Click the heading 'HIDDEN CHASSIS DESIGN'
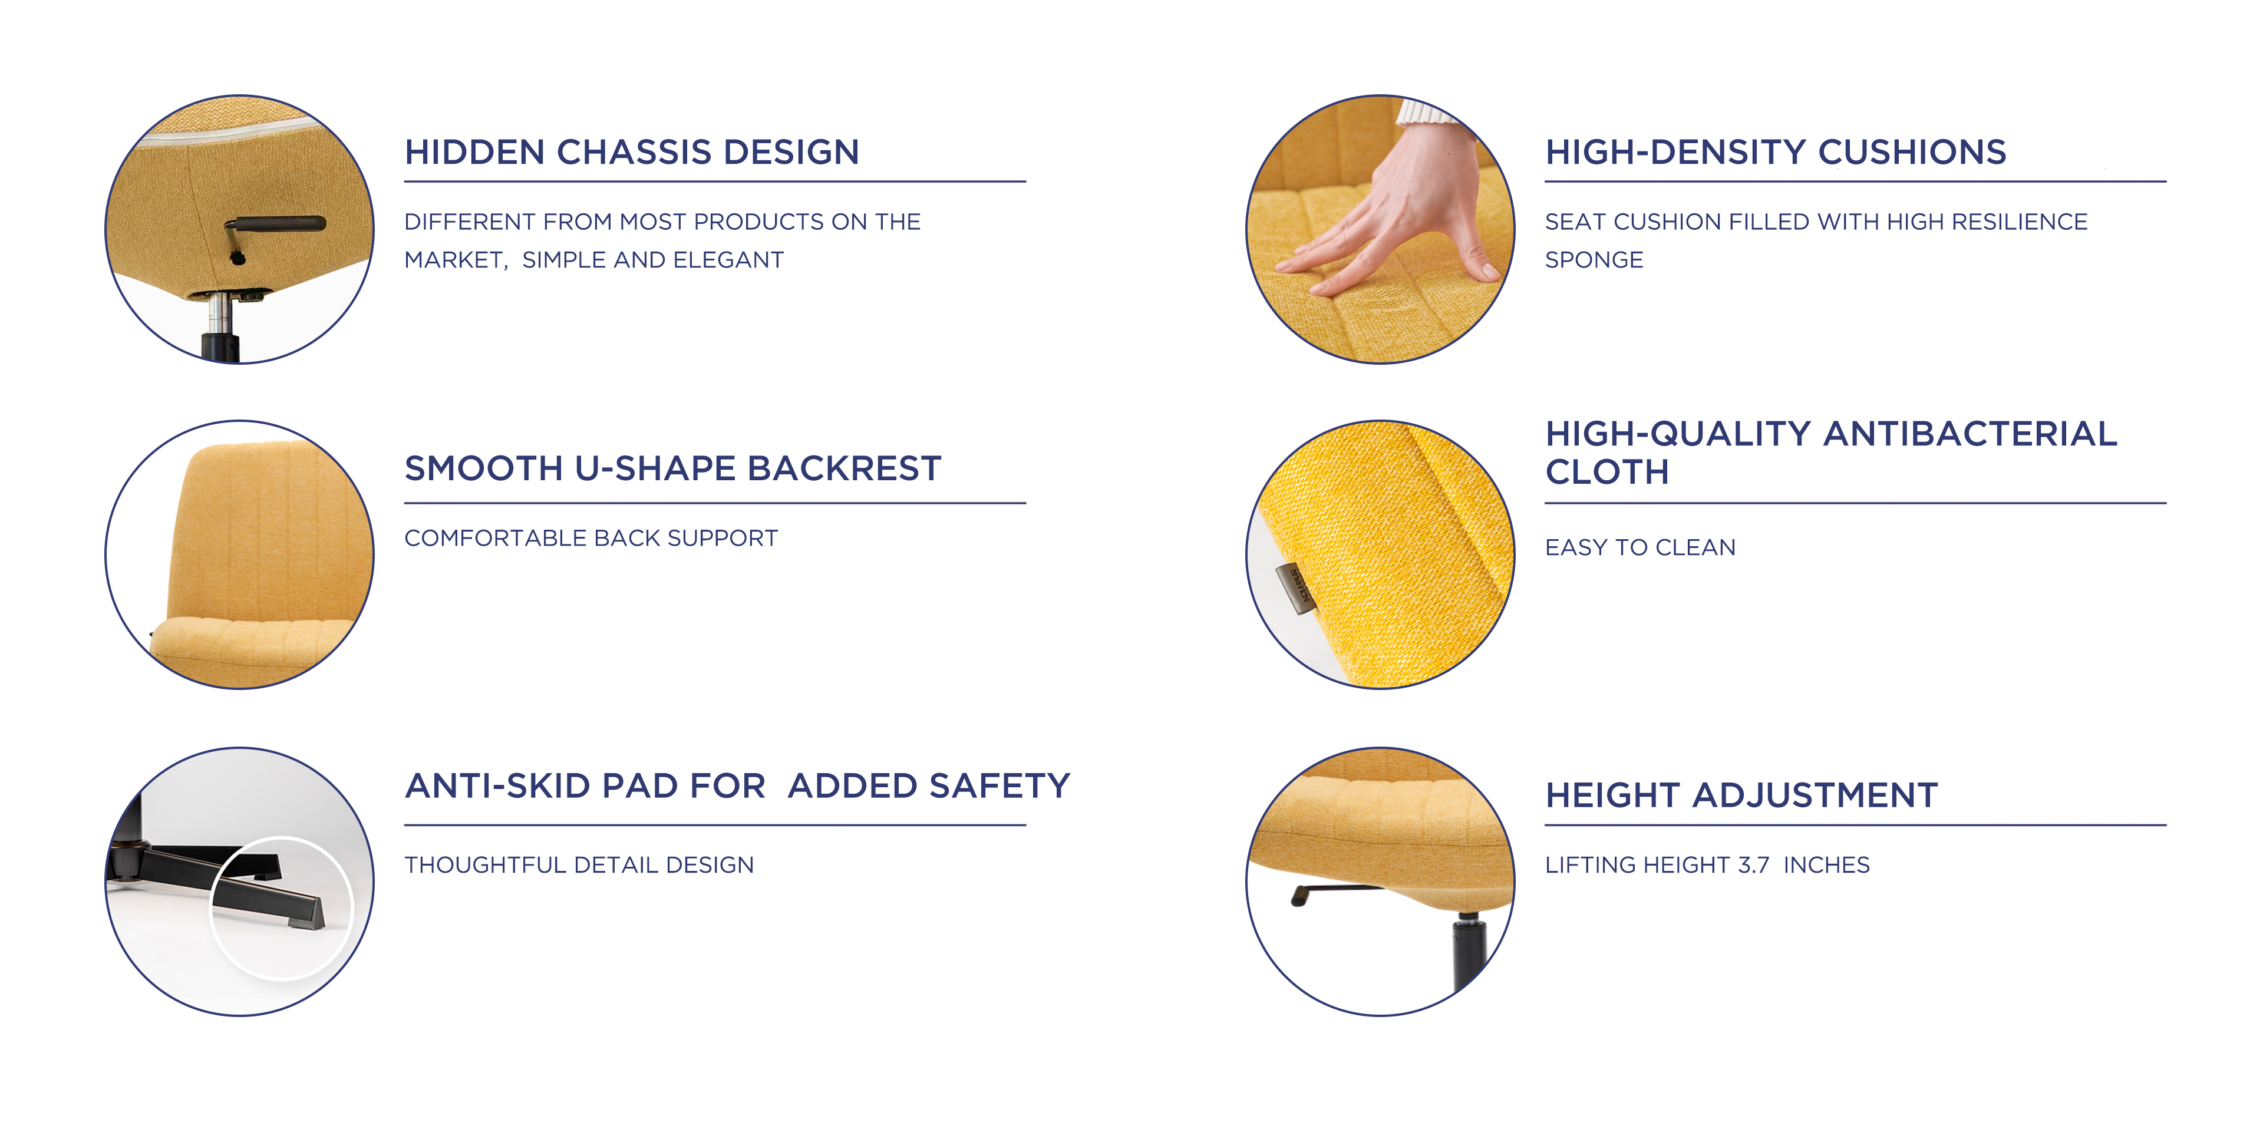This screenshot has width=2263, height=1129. point(632,152)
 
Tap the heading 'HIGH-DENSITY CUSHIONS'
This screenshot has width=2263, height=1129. point(1776,152)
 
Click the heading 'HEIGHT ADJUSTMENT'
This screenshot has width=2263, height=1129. point(1741,795)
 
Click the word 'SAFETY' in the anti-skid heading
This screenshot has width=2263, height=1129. point(999,785)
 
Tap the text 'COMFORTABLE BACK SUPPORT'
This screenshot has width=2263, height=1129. point(591,538)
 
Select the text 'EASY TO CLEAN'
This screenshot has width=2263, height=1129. point(1640,547)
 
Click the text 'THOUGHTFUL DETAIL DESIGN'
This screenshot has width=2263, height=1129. point(579,864)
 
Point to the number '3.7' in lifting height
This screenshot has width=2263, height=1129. point(1753,864)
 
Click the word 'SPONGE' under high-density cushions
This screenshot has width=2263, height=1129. point(1594,260)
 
